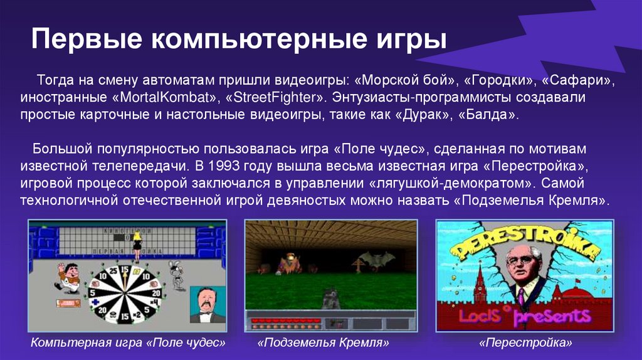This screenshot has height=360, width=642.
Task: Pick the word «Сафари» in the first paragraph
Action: pos(577,82)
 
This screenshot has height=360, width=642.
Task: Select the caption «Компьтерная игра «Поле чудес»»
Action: pos(128,343)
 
